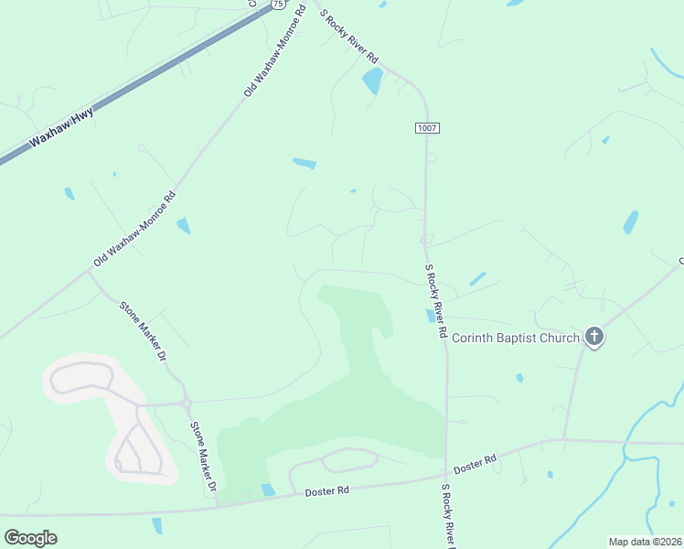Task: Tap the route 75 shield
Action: click(277, 5)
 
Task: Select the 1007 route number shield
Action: click(426, 127)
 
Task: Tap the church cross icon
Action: click(594, 338)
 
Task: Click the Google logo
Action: click(31, 538)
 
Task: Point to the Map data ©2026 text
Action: click(645, 541)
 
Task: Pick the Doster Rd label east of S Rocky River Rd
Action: click(475, 465)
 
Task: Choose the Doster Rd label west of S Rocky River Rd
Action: click(329, 491)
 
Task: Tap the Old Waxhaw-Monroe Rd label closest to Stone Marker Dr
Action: click(134, 229)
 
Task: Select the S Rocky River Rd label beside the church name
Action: click(434, 302)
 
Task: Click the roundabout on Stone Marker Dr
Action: click(187, 403)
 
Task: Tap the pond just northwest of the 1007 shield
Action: click(372, 81)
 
